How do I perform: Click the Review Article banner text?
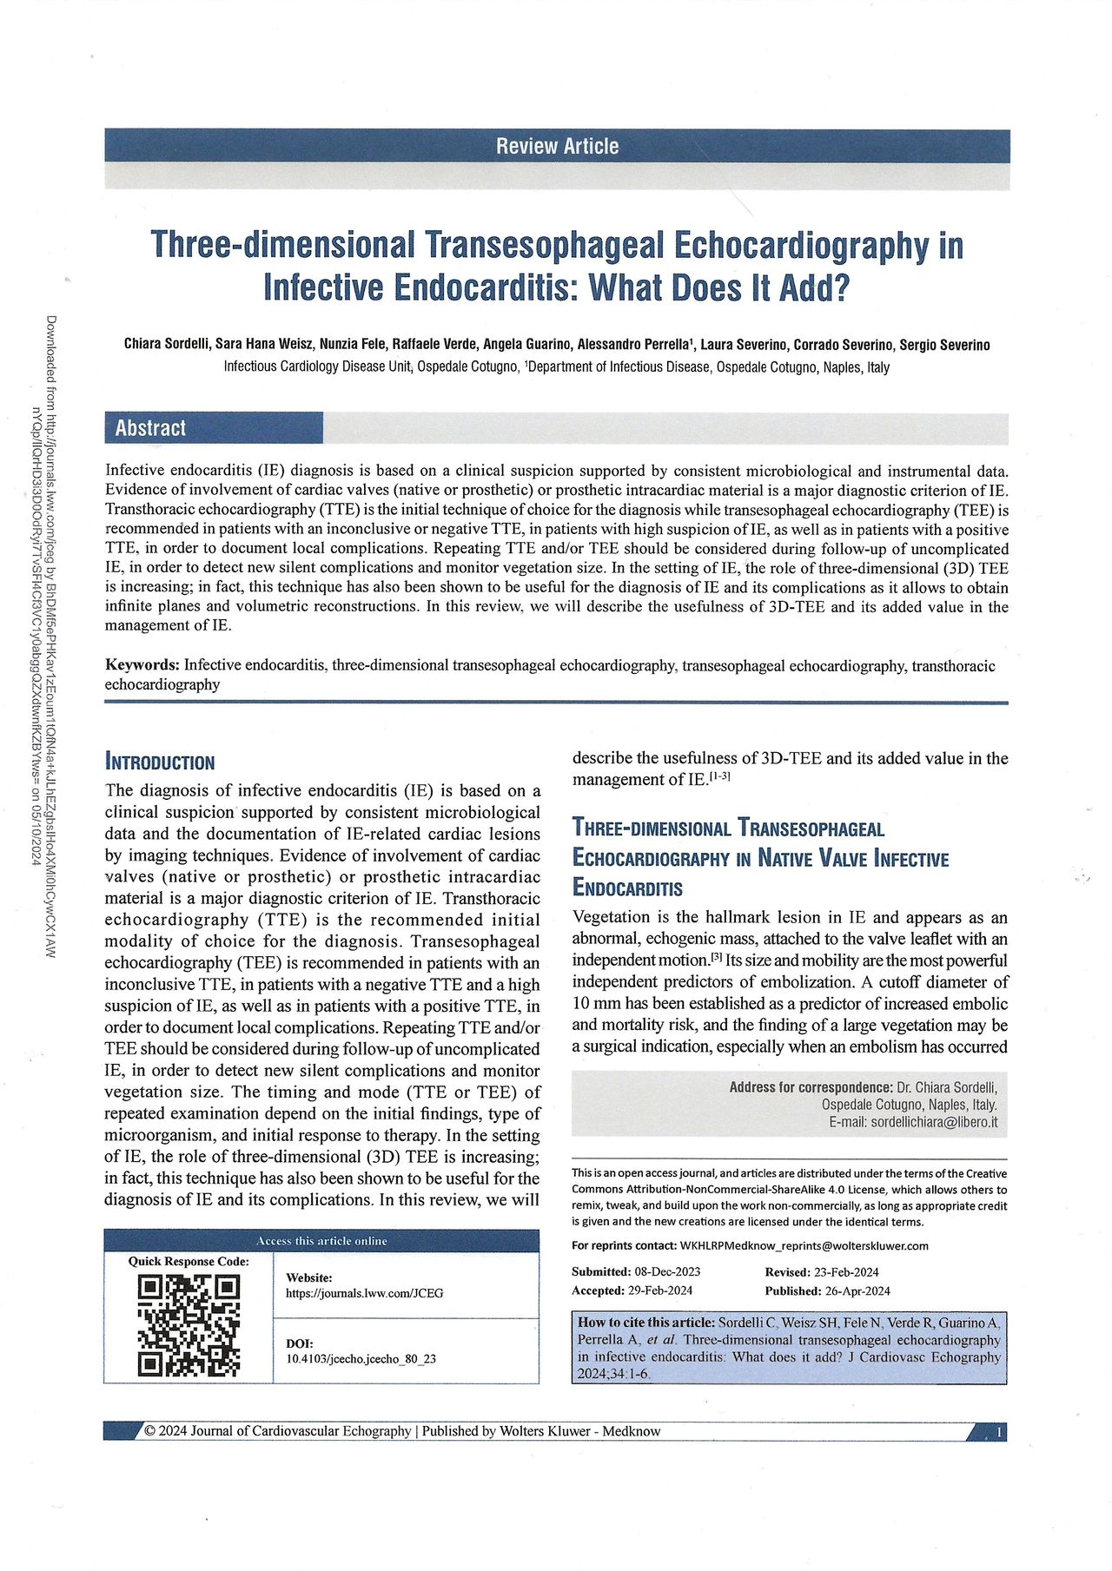(557, 146)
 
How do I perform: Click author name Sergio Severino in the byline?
(944, 345)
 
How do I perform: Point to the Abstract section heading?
(150, 427)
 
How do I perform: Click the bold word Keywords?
(142, 665)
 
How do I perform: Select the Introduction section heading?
(159, 762)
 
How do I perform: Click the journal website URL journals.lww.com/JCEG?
(364, 1293)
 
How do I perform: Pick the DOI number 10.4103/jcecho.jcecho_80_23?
(361, 1358)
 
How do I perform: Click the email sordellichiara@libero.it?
(934, 1122)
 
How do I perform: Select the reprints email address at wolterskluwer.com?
(804, 1245)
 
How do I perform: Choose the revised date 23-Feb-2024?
(846, 1271)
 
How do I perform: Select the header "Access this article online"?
(321, 1241)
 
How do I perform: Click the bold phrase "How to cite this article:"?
(645, 1323)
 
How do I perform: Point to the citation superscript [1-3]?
(719, 777)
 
